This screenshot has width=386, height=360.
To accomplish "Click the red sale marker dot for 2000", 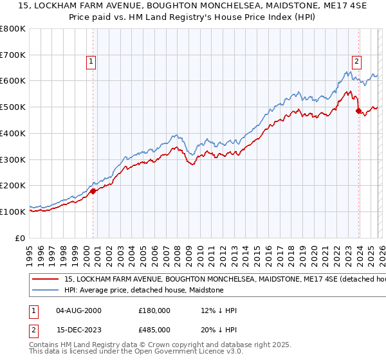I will (93, 190).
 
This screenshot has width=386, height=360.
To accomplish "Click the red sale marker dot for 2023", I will (358, 111).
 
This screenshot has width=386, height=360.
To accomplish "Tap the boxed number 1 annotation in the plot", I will (91, 62).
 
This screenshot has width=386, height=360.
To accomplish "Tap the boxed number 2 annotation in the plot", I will (356, 62).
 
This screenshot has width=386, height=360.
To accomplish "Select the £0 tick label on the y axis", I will (21, 238).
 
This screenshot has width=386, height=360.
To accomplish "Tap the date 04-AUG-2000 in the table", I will (78, 310).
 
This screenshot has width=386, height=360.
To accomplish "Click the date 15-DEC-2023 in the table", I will (78, 329).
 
